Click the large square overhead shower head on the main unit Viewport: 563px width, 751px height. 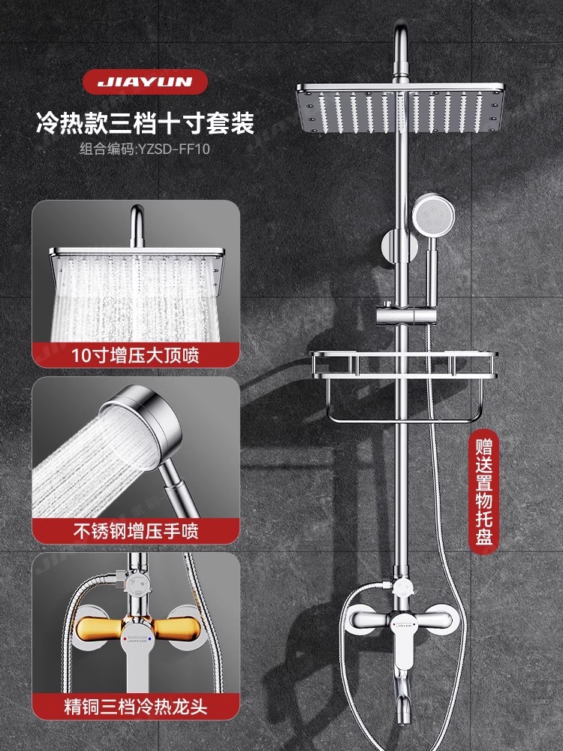coord(399,109)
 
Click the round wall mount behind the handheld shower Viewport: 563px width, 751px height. coord(393,246)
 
